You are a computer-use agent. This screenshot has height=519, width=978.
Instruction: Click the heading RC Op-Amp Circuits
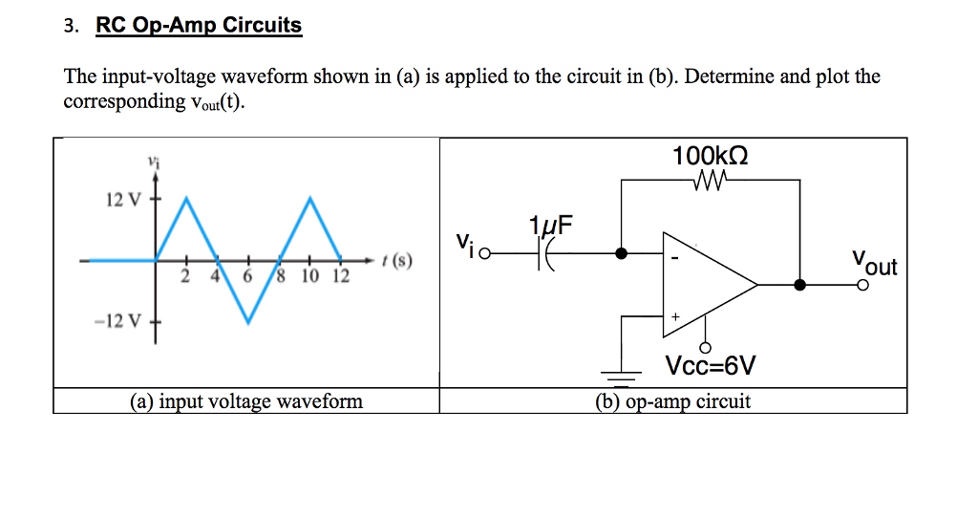199,26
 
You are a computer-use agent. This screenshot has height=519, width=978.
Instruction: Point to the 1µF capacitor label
552,227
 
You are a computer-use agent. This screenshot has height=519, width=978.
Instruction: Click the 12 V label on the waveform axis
122,200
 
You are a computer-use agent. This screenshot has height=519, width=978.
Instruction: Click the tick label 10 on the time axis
310,277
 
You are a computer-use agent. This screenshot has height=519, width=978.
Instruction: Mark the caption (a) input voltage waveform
246,401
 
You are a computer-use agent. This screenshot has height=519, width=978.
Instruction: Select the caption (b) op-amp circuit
672,401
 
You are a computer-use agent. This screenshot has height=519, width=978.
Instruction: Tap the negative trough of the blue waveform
248,322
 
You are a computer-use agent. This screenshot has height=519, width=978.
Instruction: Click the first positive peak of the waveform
187,200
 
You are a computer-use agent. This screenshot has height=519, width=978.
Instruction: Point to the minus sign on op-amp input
673,257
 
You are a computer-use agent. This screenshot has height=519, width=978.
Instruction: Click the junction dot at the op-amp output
800,284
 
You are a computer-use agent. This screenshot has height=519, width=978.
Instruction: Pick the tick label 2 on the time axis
185,277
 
